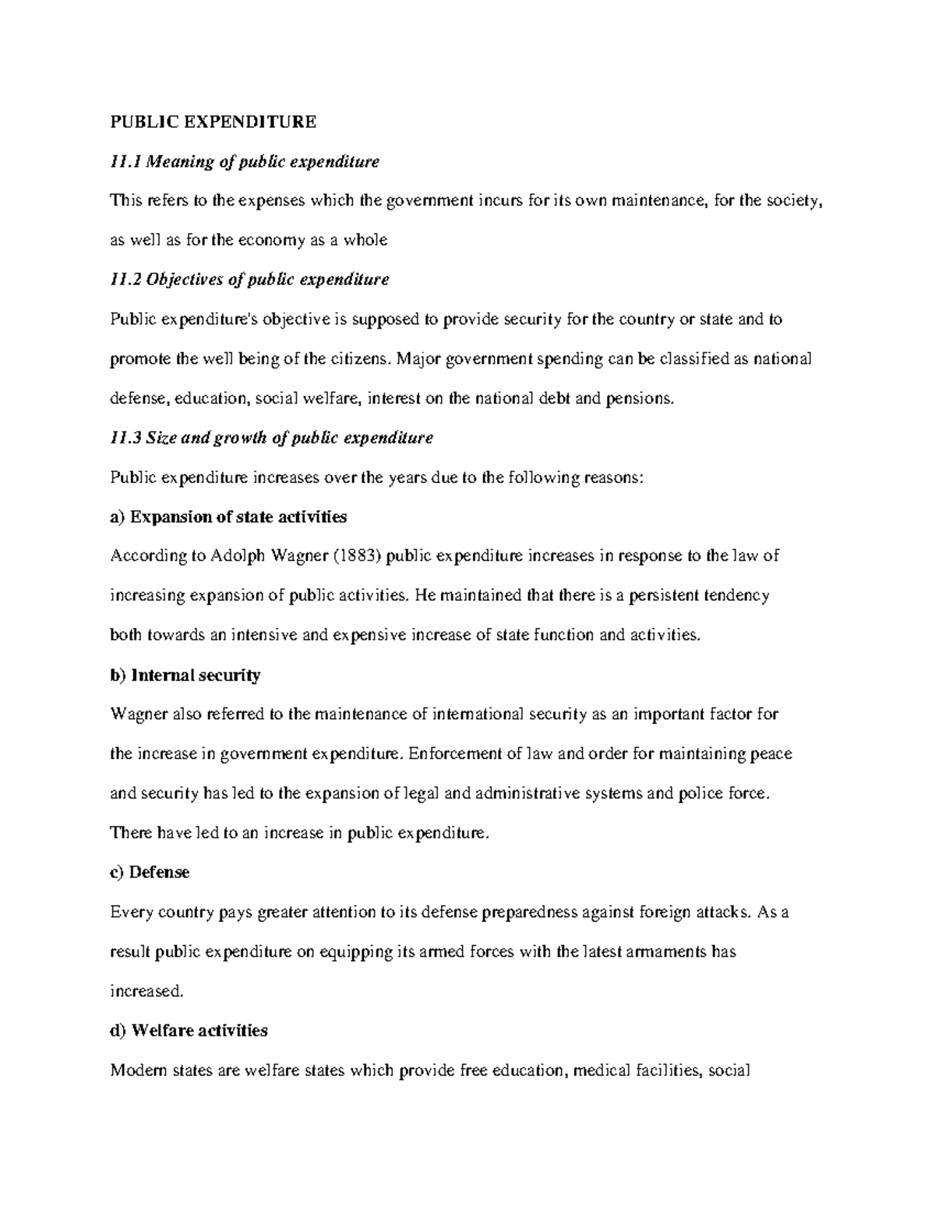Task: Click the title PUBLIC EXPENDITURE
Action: coord(213,122)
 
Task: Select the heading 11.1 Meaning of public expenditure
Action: coord(245,161)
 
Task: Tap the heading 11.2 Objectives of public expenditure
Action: coord(249,279)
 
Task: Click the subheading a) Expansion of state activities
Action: coord(228,517)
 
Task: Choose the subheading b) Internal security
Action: coord(185,675)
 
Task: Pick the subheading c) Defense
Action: coord(150,872)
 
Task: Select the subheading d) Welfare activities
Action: coord(189,1030)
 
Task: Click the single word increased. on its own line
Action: coord(147,991)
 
